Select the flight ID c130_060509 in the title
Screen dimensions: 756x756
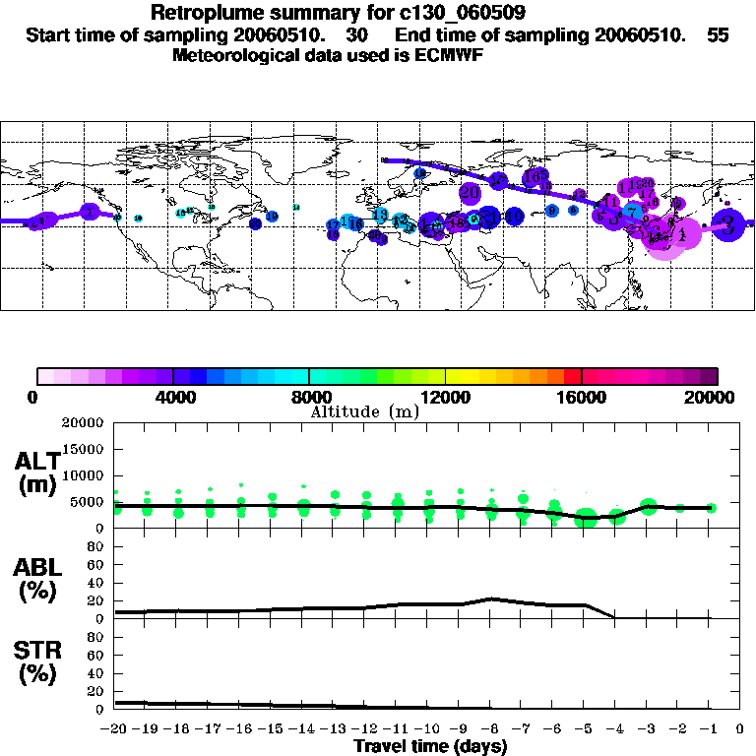(446, 13)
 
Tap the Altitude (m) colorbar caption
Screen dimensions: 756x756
(364, 410)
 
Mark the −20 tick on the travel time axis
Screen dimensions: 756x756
(115, 728)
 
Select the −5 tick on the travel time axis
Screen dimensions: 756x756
(586, 728)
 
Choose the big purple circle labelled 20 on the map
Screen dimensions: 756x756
(470, 192)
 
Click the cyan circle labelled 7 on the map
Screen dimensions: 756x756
(634, 212)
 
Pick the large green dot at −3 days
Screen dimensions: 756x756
(648, 506)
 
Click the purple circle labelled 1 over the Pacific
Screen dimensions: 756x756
(91, 211)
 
